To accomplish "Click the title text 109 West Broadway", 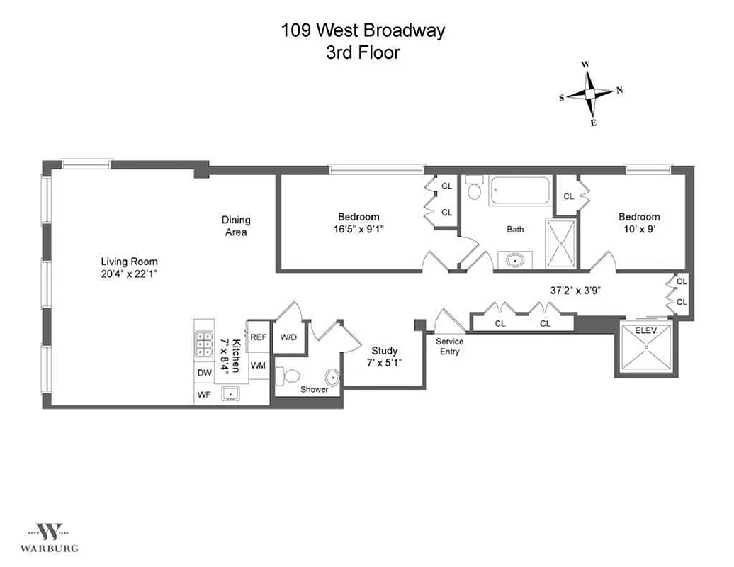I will coord(363,30).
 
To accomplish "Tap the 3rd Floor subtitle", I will coord(363,52).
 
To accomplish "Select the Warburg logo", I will coord(49,535).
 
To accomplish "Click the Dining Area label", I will coord(236,226).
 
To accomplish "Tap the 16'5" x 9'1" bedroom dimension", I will coord(358,228).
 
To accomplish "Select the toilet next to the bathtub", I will coord(474,189).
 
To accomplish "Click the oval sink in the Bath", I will coord(514,259).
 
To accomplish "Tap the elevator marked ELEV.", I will coord(646,348).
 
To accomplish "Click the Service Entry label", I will coord(449,347).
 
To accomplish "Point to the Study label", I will coord(384,351).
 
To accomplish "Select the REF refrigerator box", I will coord(259,337).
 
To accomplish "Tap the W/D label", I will coord(288,337).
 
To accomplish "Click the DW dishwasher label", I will coord(204,373).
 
